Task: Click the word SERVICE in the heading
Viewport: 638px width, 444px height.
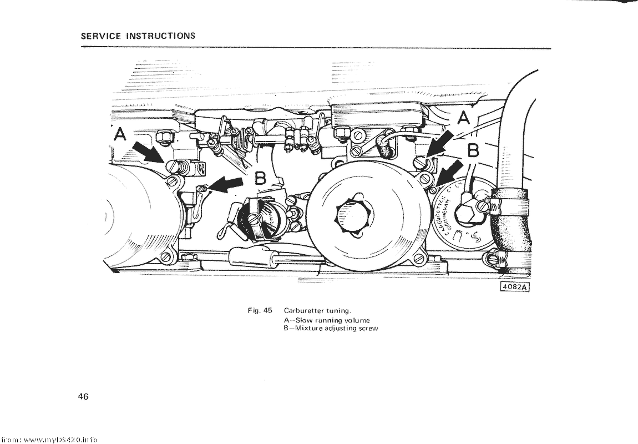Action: coord(100,36)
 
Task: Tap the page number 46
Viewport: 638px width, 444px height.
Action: coord(84,396)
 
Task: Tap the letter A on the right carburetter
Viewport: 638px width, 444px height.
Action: coord(463,118)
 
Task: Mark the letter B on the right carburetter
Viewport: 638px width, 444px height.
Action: coord(473,151)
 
